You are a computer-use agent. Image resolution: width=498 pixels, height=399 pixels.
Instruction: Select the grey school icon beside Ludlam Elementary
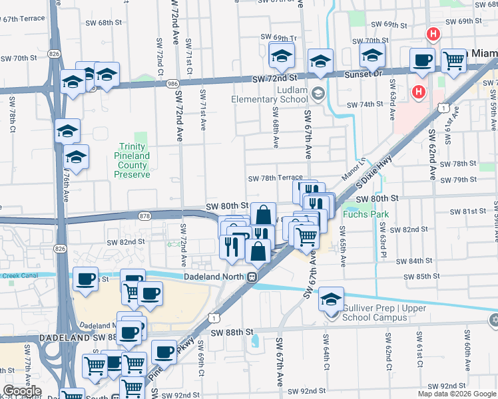pyautogui.click(x=318, y=92)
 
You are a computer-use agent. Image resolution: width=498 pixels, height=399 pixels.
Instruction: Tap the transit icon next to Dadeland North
pyautogui.click(x=252, y=277)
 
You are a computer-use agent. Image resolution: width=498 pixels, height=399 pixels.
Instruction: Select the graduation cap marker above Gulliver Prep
pyautogui.click(x=331, y=299)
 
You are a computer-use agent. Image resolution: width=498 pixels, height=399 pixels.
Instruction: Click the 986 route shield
pyautogui.click(x=172, y=84)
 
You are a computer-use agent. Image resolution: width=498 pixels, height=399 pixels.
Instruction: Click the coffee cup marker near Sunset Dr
pyautogui.click(x=422, y=60)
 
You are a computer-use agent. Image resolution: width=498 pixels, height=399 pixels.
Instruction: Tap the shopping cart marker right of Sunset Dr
pyautogui.click(x=453, y=60)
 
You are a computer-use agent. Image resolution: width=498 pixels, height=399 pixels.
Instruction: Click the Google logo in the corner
pyautogui.click(x=21, y=391)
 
